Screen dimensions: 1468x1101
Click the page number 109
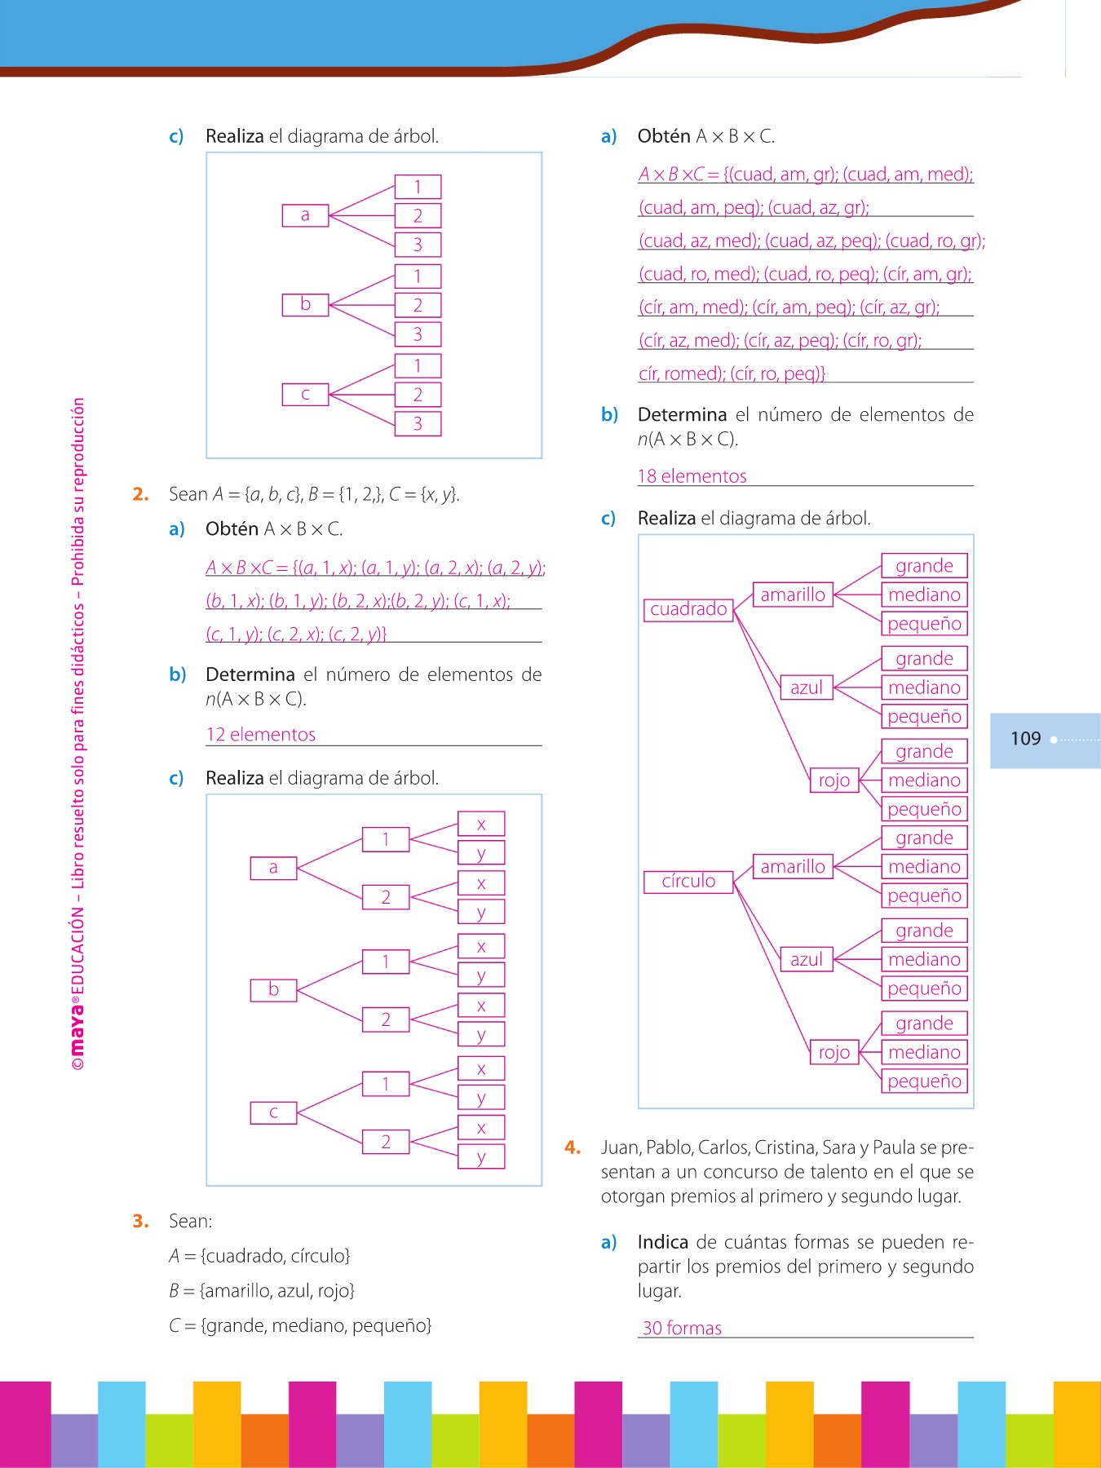tap(1025, 739)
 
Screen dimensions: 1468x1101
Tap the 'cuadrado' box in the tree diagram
tap(688, 609)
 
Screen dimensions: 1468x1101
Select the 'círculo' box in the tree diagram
tap(688, 882)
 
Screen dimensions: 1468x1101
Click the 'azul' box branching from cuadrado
tap(806, 688)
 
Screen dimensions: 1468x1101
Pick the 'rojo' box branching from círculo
tap(833, 1053)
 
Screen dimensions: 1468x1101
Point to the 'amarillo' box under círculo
tap(793, 867)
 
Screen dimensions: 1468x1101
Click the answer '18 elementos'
tap(692, 476)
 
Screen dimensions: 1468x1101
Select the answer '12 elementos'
tap(260, 735)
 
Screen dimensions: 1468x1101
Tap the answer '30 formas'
tap(682, 1329)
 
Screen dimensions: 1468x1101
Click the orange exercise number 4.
tap(573, 1147)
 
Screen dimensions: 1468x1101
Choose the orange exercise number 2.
tap(140, 494)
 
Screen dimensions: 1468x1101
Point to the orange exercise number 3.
tap(140, 1221)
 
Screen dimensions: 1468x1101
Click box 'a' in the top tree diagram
tap(305, 215)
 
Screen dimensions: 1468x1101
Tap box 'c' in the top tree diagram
tap(305, 395)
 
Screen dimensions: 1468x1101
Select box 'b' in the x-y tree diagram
tap(273, 990)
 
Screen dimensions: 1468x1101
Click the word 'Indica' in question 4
tap(663, 1242)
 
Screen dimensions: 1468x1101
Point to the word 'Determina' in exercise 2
tap(250, 674)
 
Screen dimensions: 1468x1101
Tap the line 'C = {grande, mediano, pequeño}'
tap(300, 1326)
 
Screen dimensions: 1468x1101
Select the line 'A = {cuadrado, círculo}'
tap(259, 1256)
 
